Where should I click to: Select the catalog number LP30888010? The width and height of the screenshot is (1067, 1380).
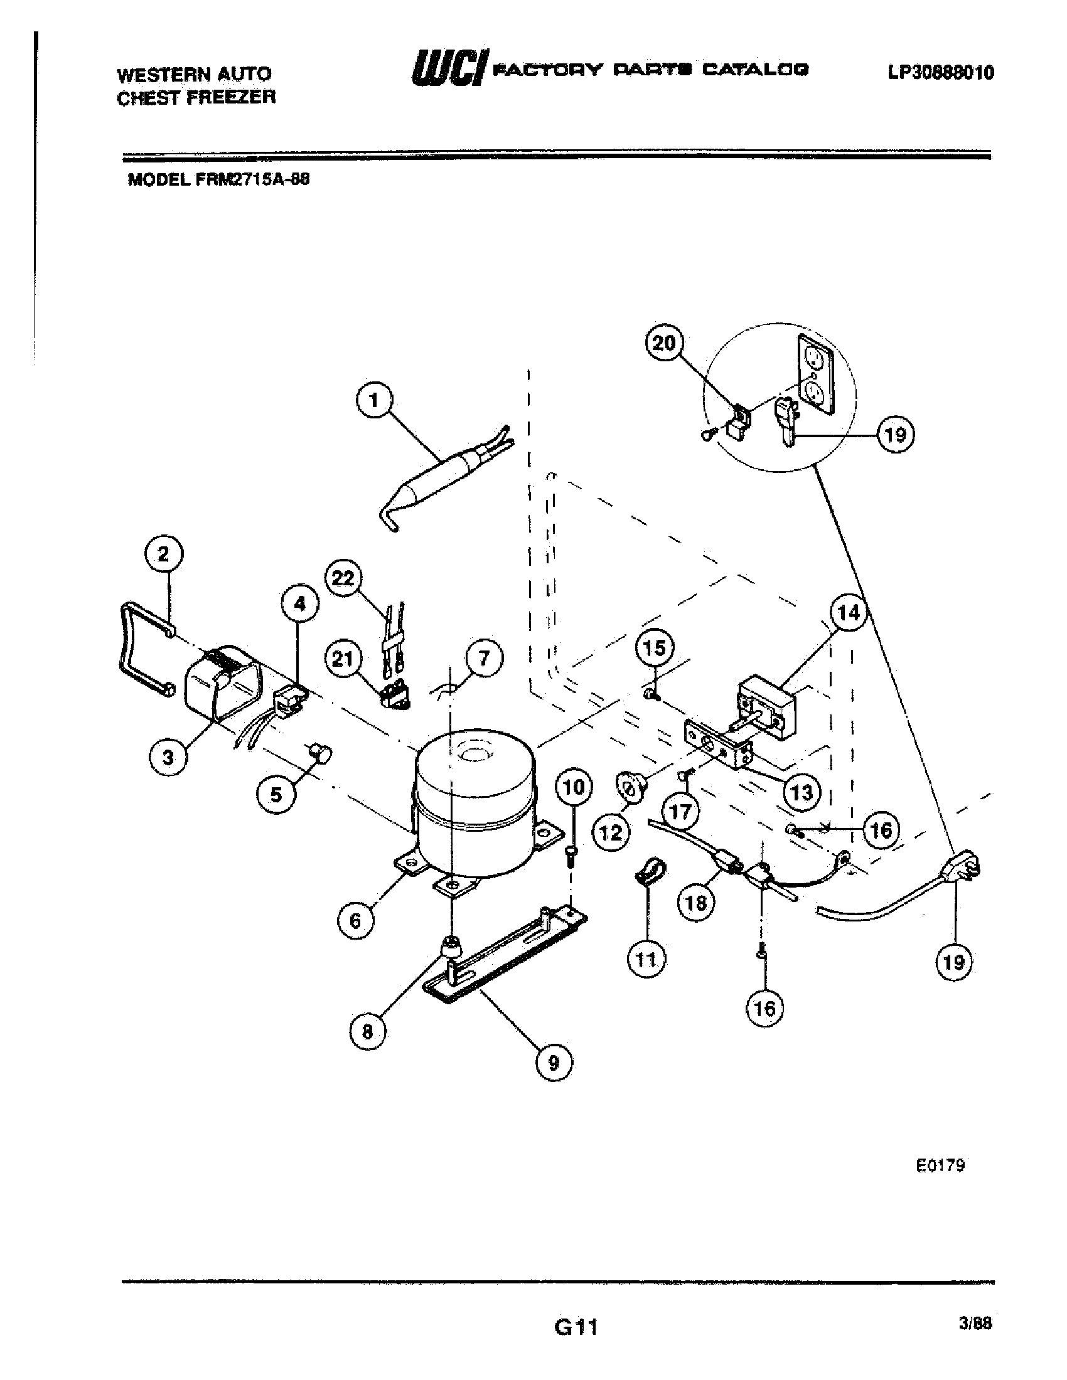pyautogui.click(x=941, y=73)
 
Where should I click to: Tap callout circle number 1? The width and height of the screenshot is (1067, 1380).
pyautogui.click(x=373, y=401)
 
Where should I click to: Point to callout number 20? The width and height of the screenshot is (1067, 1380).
pyautogui.click(x=663, y=343)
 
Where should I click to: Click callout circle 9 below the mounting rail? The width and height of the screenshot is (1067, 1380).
pyautogui.click(x=554, y=1063)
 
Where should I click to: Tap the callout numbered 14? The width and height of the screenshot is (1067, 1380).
pyautogui.click(x=849, y=612)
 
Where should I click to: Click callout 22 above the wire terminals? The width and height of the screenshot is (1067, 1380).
pyautogui.click(x=343, y=578)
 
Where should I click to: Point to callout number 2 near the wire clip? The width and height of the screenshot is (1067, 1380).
pyautogui.click(x=164, y=555)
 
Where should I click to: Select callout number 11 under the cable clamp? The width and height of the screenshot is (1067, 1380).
pyautogui.click(x=646, y=960)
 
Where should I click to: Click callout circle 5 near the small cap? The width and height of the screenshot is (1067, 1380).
pyautogui.click(x=276, y=794)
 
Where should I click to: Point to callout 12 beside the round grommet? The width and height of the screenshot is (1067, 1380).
pyautogui.click(x=611, y=833)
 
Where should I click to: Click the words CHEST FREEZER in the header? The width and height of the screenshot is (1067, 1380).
pyautogui.click(x=196, y=97)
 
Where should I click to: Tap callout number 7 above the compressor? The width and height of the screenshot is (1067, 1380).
pyautogui.click(x=484, y=659)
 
